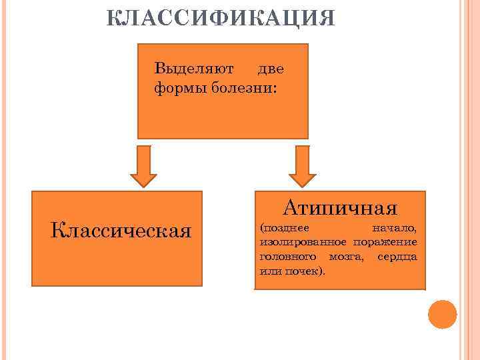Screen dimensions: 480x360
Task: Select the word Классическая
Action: click(x=121, y=231)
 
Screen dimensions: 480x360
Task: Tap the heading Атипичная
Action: click(x=339, y=208)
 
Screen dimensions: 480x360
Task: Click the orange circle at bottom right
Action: click(x=442, y=314)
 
